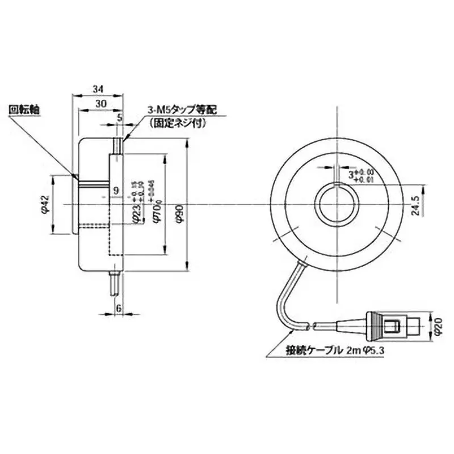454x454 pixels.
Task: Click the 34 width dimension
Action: (x=97, y=89)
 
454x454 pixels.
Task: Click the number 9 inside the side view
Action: (x=116, y=191)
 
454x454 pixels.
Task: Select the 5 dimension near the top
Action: (x=120, y=117)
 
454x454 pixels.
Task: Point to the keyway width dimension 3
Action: (x=352, y=172)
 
